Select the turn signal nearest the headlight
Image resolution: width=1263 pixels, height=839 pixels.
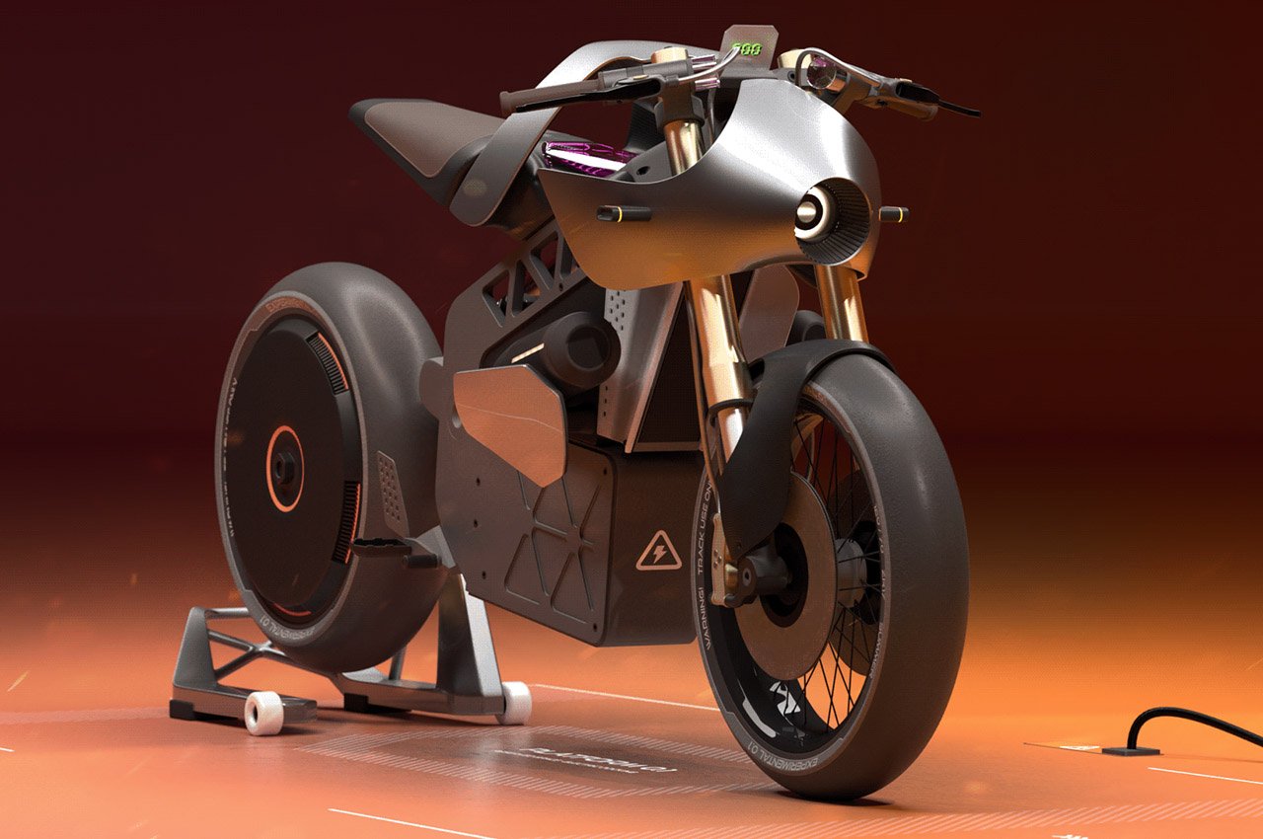(x=893, y=213)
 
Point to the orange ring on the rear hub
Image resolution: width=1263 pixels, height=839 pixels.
(x=285, y=468)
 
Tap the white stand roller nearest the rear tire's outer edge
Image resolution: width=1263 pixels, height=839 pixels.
(x=262, y=711)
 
